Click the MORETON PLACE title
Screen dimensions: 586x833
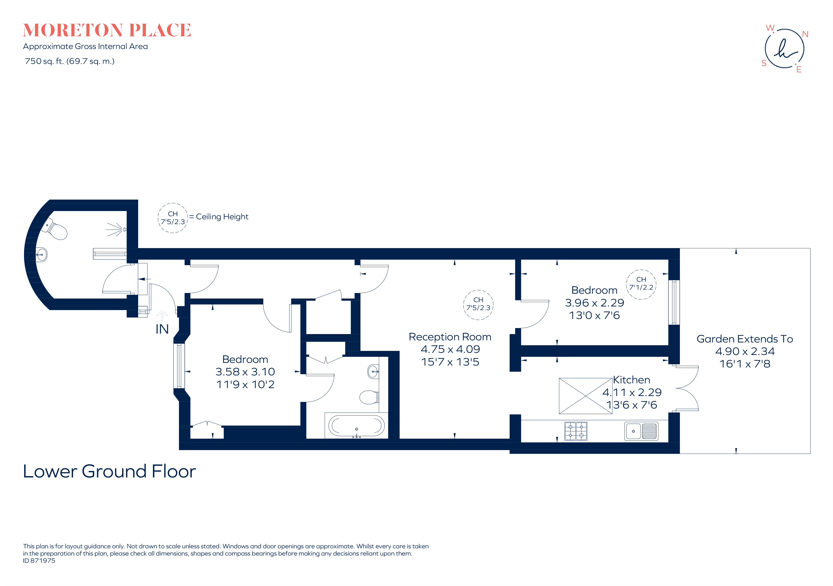(107, 31)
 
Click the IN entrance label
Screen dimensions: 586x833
(162, 329)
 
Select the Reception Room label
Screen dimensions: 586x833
(450, 337)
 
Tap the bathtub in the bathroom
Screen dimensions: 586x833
(356, 426)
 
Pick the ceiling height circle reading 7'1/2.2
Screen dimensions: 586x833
(641, 285)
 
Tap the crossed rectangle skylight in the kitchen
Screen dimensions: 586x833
(586, 396)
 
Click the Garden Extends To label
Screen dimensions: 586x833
(745, 339)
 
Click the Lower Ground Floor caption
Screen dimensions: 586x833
(109, 471)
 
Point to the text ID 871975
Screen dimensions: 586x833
(39, 561)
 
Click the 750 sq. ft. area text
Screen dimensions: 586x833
(69, 61)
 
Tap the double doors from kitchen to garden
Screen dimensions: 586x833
(686, 388)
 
